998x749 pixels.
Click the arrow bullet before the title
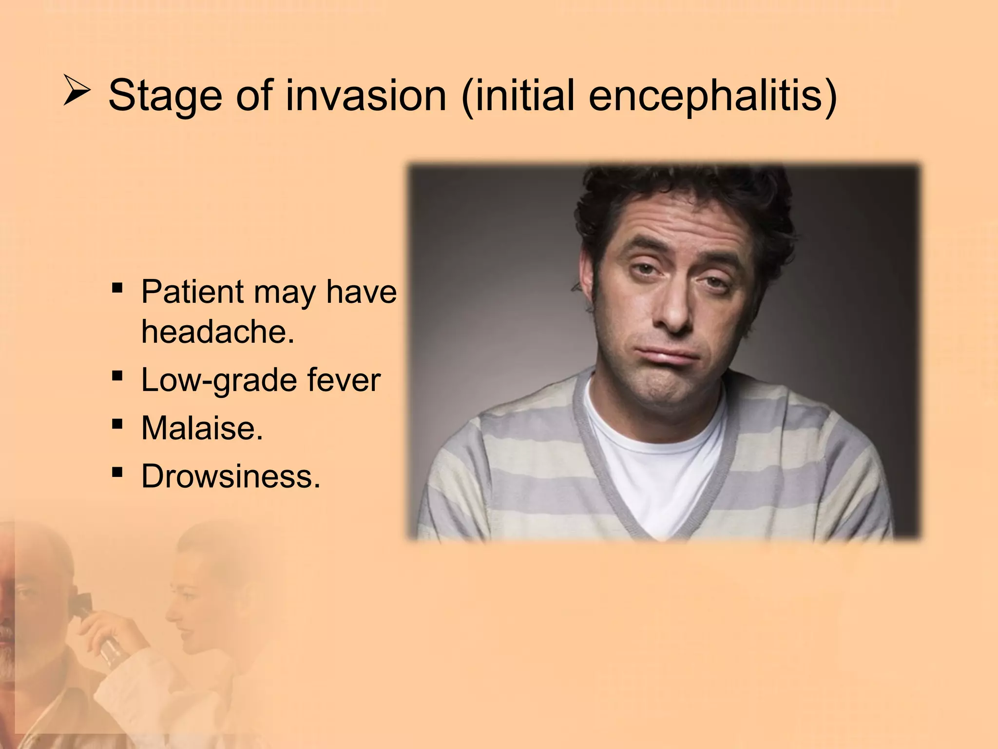coord(77,92)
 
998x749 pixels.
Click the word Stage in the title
coord(165,96)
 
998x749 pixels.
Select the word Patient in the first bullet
coord(192,292)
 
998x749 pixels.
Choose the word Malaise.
coord(202,428)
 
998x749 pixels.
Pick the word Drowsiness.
coord(230,476)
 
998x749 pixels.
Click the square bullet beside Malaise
coord(117,424)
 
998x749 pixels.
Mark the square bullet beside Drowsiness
coord(117,472)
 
